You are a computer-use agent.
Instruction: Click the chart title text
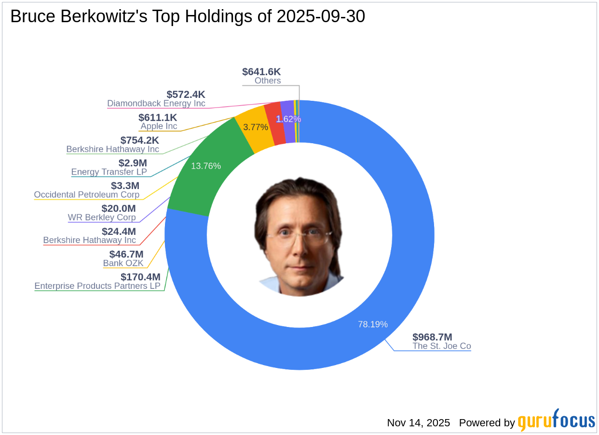[188, 16]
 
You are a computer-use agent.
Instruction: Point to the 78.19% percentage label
[373, 324]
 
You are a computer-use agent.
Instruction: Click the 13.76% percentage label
[206, 166]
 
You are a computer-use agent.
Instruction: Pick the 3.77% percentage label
[256, 127]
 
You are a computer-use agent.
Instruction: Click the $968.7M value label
[432, 337]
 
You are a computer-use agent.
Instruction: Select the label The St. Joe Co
[442, 346]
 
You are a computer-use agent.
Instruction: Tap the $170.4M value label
[140, 277]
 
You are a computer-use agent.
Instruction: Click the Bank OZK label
[123, 263]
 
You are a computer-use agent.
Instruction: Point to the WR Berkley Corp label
[102, 217]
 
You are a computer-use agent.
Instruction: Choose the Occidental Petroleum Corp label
[87, 195]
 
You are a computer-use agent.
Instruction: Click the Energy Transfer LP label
[109, 172]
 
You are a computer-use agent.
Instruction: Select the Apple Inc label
[159, 126]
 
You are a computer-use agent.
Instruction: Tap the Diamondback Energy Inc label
[156, 103]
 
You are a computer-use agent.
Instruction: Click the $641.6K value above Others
[261, 72]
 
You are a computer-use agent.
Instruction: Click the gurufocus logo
[556, 421]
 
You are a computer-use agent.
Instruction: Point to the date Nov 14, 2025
[418, 423]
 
